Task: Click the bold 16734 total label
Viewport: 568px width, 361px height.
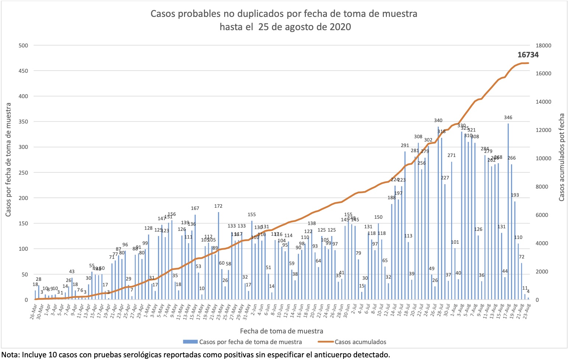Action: tap(528, 55)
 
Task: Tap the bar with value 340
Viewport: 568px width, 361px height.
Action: tap(438, 213)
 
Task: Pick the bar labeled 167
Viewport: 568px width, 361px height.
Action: tap(195, 257)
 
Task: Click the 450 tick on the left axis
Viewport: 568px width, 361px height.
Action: tap(23, 71)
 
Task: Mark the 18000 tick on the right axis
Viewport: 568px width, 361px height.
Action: tap(544, 46)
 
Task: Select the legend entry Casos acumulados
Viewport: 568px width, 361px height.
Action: tap(360, 342)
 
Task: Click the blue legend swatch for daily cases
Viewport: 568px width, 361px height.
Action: tap(190, 342)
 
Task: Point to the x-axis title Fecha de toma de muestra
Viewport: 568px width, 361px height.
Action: tap(282, 331)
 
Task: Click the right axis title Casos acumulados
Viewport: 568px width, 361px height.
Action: tap(561, 157)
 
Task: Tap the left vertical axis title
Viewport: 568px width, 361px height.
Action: tap(8, 159)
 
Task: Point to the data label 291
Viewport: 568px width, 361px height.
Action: tap(405, 146)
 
